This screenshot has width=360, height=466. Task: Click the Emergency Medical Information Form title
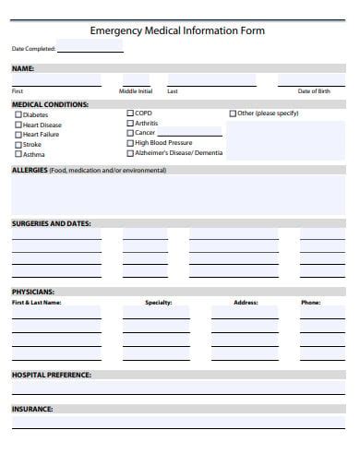[x=177, y=30]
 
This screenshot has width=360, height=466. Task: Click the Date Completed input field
[x=90, y=47]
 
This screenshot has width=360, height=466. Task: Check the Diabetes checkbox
[x=17, y=115]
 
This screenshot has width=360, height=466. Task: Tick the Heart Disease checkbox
[x=17, y=125]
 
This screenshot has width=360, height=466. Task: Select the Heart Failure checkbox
[x=17, y=135]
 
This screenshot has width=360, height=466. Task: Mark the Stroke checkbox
[x=17, y=145]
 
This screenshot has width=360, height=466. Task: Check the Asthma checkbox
[x=17, y=155]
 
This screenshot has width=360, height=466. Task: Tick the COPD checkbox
[x=129, y=114]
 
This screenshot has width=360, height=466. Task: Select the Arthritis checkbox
[x=129, y=123]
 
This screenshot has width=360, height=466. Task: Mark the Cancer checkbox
[x=129, y=133]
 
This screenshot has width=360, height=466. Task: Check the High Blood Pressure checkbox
[x=129, y=143]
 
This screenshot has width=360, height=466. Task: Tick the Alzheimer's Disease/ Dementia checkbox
[x=129, y=153]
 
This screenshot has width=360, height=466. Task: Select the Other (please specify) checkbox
[x=233, y=114]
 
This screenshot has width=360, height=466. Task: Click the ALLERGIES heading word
[x=30, y=171]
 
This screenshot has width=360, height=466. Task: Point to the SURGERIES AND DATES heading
[x=51, y=223]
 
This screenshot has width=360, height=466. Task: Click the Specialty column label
[x=159, y=303]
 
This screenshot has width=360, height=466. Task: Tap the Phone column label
[x=310, y=303]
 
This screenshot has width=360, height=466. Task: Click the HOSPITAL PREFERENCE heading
[x=51, y=375]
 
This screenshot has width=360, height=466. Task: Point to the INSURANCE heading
[x=32, y=408]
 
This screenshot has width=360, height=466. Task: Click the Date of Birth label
[x=314, y=91]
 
